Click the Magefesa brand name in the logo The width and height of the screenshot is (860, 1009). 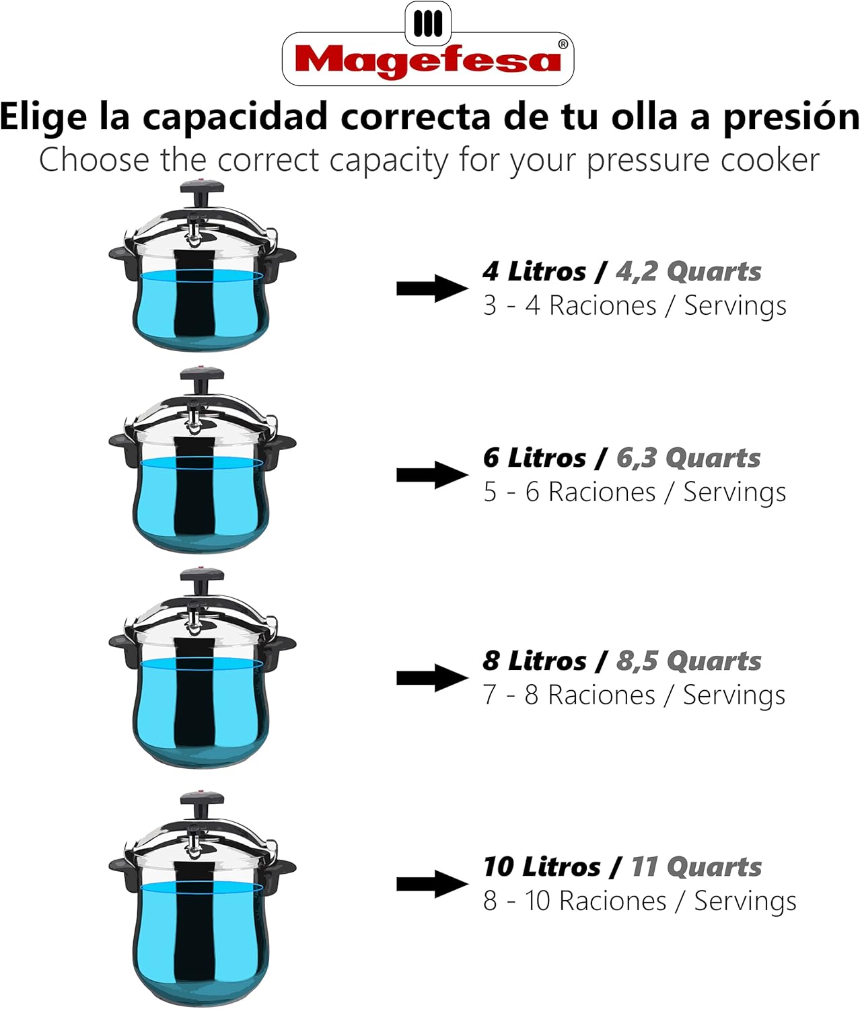427,61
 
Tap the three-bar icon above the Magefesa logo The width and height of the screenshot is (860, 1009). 428,24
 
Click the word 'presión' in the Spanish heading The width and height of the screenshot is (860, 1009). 791,117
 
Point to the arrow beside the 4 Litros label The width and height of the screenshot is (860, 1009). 431,288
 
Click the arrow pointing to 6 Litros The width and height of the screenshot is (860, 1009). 431,475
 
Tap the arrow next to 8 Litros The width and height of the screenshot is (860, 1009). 431,678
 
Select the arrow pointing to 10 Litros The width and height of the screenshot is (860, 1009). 431,884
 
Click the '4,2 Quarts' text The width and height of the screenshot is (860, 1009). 688,272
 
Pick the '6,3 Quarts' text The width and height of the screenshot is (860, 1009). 688,458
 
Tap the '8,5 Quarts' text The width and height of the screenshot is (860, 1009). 688,661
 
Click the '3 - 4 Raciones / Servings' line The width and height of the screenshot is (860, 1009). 635,306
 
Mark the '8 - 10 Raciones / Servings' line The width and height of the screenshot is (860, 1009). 639,901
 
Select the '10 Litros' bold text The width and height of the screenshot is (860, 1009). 542,867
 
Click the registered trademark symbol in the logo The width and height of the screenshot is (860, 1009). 563,44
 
